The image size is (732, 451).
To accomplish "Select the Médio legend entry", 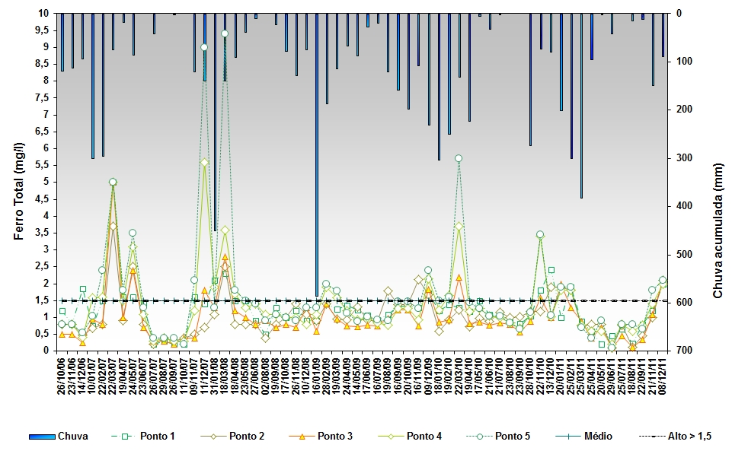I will click(595, 437).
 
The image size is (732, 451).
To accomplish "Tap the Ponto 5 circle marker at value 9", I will click(204, 47).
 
